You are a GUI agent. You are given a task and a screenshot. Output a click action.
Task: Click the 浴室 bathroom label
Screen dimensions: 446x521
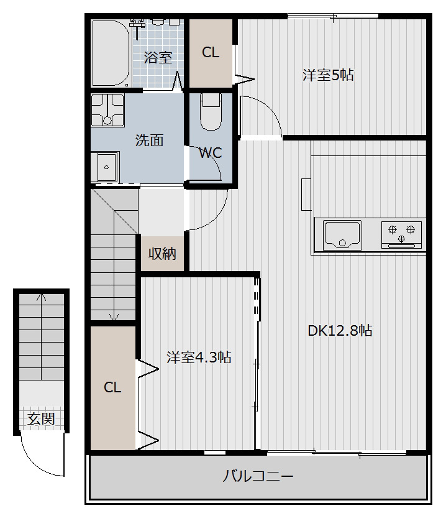158,57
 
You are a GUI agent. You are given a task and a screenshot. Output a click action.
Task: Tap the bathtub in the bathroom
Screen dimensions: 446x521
110,53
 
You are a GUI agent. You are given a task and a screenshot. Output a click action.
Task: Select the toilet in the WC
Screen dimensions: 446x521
211,112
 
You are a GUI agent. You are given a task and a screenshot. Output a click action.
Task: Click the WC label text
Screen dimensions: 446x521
211,153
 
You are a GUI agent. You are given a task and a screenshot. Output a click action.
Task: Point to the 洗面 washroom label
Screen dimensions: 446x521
150,141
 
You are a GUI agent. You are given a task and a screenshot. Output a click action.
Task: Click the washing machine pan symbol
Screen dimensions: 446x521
107,110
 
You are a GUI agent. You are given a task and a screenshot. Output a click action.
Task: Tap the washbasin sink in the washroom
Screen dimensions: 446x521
105,167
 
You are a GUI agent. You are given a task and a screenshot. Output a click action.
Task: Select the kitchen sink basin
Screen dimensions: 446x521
342,234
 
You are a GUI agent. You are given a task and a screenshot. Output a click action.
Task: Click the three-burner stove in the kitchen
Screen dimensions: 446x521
401,234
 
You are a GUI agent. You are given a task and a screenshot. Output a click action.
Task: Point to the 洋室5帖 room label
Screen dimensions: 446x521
328,75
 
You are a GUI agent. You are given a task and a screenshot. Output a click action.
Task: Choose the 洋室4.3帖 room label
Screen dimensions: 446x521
199,357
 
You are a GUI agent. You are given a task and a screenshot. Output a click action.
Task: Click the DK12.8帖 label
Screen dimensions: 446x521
340,331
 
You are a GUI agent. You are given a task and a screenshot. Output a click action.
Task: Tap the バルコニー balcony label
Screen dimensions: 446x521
258,476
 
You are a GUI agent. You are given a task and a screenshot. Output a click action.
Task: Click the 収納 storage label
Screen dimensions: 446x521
162,254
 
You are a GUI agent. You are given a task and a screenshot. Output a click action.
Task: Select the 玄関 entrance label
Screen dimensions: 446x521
41,418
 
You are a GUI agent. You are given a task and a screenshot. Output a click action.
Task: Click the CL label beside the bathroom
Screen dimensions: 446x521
211,52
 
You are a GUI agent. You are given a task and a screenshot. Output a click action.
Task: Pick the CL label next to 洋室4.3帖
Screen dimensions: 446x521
112,387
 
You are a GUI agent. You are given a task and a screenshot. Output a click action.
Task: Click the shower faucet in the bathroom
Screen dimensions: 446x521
137,25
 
